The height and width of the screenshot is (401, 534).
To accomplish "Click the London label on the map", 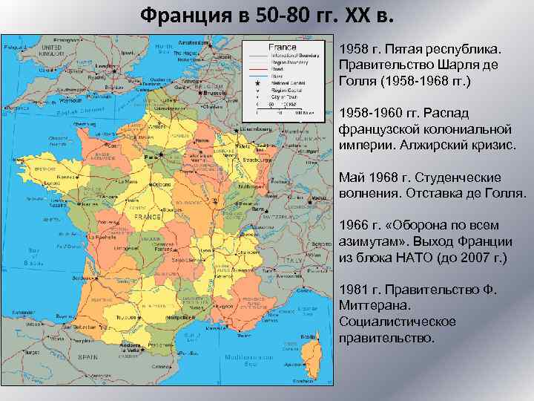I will point(106,65).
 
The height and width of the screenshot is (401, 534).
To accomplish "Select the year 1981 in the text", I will point(354,289).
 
